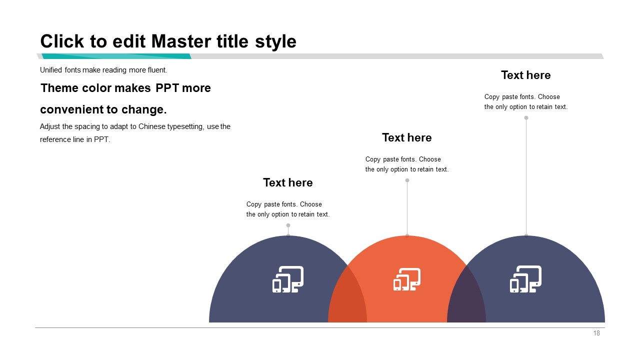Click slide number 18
(x=596, y=333)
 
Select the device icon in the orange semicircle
(x=407, y=279)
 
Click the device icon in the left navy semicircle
(x=288, y=279)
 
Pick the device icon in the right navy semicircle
(x=525, y=279)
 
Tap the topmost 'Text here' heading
(x=525, y=75)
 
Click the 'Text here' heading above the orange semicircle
(x=407, y=137)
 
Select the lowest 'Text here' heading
(x=288, y=182)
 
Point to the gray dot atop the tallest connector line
(x=526, y=117)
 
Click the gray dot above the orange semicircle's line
(x=407, y=180)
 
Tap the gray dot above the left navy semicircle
(x=288, y=225)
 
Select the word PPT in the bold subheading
(x=167, y=88)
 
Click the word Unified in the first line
(x=51, y=70)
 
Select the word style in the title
(x=275, y=42)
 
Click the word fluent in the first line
(x=157, y=70)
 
